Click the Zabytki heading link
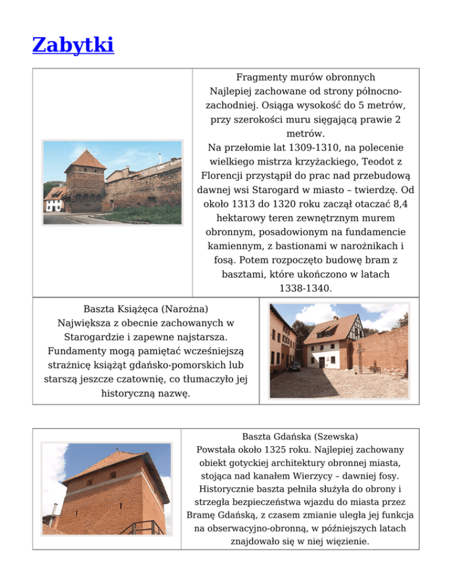(x=74, y=45)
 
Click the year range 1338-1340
(x=305, y=288)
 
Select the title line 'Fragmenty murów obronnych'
(x=305, y=77)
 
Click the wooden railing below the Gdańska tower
(x=145, y=527)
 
